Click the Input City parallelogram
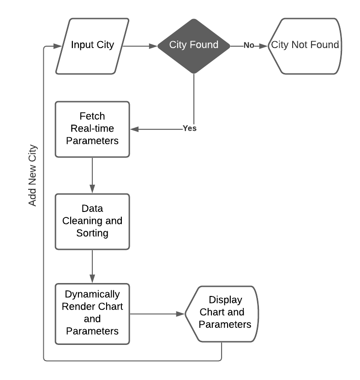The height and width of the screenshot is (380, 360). pyautogui.click(x=92, y=46)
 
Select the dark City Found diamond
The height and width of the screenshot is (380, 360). pyautogui.click(x=193, y=45)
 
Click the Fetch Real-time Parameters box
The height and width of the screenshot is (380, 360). pyautogui.click(x=92, y=129)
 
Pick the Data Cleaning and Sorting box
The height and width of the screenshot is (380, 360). pyautogui.click(x=92, y=221)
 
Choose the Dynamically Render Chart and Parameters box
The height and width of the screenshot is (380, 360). pyautogui.click(x=92, y=314)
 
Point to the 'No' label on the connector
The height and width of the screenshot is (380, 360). pyautogui.click(x=249, y=45)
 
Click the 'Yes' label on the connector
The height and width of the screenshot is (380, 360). pyautogui.click(x=189, y=128)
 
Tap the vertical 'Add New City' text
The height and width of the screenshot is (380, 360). pyautogui.click(x=32, y=175)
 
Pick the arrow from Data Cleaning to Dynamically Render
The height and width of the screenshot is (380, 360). pyautogui.click(x=92, y=267)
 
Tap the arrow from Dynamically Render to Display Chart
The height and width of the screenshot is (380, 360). pyautogui.click(x=157, y=314)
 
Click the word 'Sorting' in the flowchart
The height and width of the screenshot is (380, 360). pyautogui.click(x=92, y=233)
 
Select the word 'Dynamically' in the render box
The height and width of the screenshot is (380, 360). pyautogui.click(x=92, y=294)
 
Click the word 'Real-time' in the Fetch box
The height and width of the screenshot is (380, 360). pyautogui.click(x=92, y=129)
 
